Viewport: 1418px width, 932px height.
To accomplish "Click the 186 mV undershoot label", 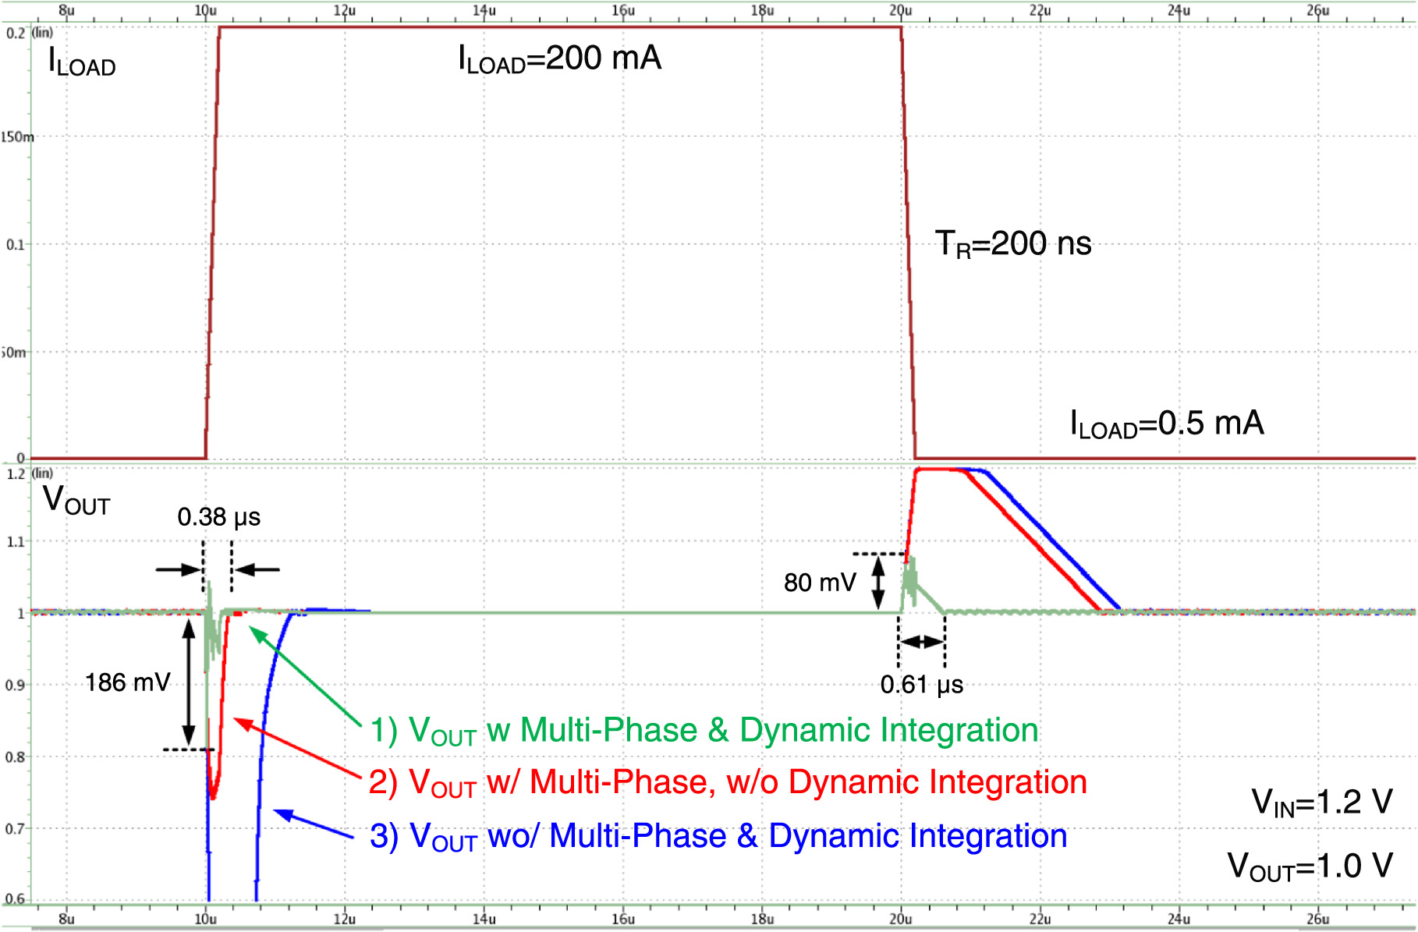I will (127, 682).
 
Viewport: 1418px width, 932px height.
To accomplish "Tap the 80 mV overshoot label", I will (820, 582).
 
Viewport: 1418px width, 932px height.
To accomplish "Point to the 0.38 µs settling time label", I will (218, 517).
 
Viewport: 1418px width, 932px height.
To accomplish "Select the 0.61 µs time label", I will (921, 685).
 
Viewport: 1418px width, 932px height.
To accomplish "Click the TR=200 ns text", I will (1012, 244).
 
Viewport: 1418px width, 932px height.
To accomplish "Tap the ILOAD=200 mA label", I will (559, 59).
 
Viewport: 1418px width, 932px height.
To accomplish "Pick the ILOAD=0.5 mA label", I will (1166, 424).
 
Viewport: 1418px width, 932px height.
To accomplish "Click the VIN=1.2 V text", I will (1321, 803).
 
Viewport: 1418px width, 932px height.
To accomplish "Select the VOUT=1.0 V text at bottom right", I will (1310, 866).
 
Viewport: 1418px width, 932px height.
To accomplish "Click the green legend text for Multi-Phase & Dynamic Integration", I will (704, 731).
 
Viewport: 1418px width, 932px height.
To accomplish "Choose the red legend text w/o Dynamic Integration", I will (727, 783).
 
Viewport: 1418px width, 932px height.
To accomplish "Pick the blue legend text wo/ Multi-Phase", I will (718, 837).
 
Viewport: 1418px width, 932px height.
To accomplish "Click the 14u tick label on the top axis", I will (484, 10).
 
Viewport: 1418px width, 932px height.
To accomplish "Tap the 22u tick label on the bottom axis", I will (1040, 919).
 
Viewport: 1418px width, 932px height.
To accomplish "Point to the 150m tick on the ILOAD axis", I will (17, 137).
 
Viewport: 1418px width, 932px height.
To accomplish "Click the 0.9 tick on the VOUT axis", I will (15, 686).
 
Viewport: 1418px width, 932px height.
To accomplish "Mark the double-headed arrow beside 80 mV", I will (878, 583).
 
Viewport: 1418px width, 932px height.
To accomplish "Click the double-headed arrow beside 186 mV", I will (189, 682).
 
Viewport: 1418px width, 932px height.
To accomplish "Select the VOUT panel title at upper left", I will (76, 500).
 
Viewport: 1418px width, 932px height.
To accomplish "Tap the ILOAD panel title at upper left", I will (81, 62).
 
